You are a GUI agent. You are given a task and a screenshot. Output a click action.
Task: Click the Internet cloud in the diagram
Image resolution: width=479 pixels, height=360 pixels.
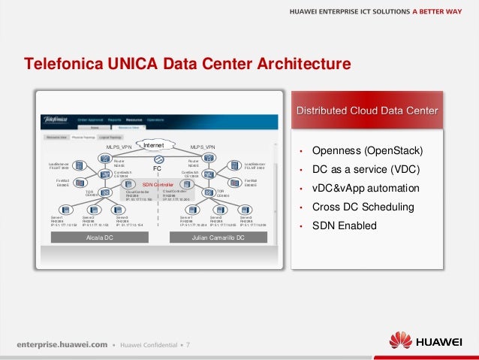154,144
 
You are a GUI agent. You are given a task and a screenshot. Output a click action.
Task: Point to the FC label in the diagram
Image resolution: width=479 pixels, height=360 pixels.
158,168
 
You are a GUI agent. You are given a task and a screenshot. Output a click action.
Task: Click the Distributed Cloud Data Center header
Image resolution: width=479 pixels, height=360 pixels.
368,111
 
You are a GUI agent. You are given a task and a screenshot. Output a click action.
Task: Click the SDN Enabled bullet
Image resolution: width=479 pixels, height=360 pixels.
344,225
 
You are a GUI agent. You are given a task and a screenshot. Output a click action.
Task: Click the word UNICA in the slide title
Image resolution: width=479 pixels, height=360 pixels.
128,64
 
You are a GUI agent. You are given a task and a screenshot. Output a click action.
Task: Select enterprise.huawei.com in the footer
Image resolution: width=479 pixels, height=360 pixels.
61,344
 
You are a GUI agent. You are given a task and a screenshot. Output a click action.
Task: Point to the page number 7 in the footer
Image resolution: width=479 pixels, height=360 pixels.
188,344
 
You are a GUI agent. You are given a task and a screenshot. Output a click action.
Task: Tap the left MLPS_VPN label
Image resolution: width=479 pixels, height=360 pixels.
119,147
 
